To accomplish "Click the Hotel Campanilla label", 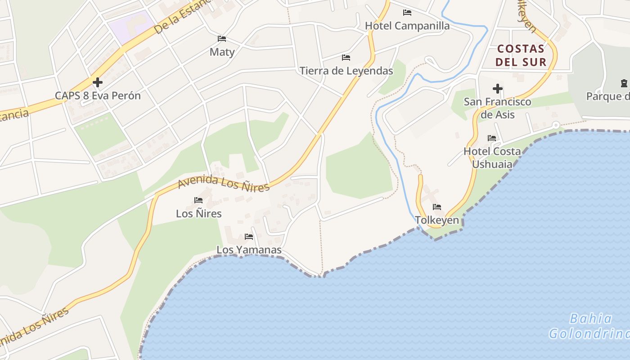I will [407, 26].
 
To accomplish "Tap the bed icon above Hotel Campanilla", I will [407, 12].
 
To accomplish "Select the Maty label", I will [222, 52].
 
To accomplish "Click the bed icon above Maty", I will [222, 39].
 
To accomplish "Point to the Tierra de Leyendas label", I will [346, 71].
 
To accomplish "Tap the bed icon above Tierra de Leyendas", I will [346, 57].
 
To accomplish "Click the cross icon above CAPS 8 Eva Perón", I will [98, 82].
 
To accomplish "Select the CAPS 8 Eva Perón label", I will [98, 95].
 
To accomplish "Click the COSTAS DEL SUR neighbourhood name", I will [521, 55].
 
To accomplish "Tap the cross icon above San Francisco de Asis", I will [498, 89].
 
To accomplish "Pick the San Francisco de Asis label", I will [497, 108].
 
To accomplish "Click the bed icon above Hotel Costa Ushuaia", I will [492, 138].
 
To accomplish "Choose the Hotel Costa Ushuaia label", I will [492, 157].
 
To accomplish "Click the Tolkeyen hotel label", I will [437, 220].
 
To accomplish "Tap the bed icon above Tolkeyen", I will [437, 207].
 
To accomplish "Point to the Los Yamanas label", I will [249, 249].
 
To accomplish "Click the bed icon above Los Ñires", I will [198, 200].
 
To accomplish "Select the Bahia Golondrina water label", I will [589, 326].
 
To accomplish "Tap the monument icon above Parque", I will [624, 83].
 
